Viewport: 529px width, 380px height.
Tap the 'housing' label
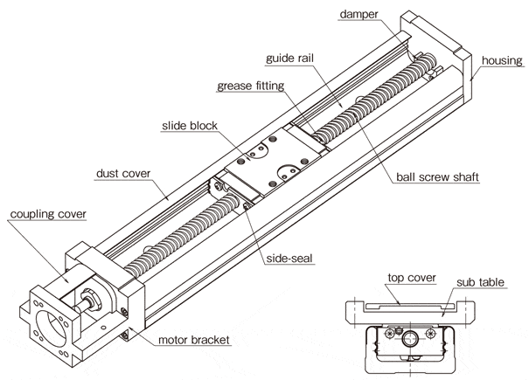(x=501, y=61)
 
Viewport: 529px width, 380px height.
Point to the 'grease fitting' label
(x=254, y=86)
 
